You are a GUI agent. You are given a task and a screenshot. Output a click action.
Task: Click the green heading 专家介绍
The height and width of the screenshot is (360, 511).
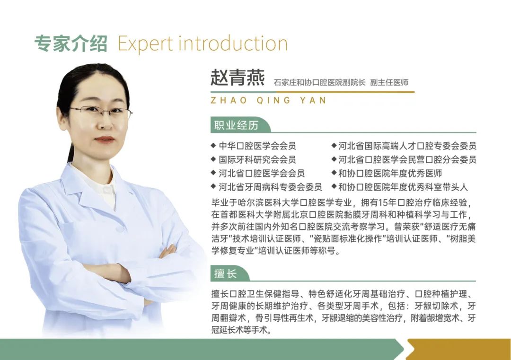click(70, 44)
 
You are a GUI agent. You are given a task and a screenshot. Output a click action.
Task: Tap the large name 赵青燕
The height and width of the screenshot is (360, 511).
click(238, 78)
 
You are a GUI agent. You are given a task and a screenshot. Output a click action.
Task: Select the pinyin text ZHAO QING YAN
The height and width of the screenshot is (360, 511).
click(269, 100)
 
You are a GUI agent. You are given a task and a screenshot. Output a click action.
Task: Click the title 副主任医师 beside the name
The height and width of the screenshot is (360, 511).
click(389, 82)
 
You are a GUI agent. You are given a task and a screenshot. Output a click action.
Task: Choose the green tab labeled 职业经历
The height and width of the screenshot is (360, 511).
click(237, 125)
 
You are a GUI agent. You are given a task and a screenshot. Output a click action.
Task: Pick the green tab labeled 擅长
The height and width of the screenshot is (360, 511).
click(226, 273)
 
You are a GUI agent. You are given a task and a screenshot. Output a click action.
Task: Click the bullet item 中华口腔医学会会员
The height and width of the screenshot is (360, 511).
click(257, 146)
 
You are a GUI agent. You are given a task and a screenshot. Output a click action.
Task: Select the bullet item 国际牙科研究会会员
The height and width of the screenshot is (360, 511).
click(257, 159)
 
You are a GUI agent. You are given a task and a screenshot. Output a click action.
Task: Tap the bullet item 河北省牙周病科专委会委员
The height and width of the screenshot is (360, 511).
click(270, 187)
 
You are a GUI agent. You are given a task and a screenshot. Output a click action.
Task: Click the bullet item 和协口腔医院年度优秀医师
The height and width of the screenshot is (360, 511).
click(390, 173)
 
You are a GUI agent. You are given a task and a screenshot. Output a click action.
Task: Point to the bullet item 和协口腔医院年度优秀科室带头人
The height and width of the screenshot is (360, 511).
click(403, 187)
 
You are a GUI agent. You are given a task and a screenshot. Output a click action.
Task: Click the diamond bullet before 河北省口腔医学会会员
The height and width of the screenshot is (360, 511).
click(213, 173)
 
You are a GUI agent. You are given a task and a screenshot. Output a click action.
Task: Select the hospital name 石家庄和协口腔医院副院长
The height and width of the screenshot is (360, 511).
click(319, 82)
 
